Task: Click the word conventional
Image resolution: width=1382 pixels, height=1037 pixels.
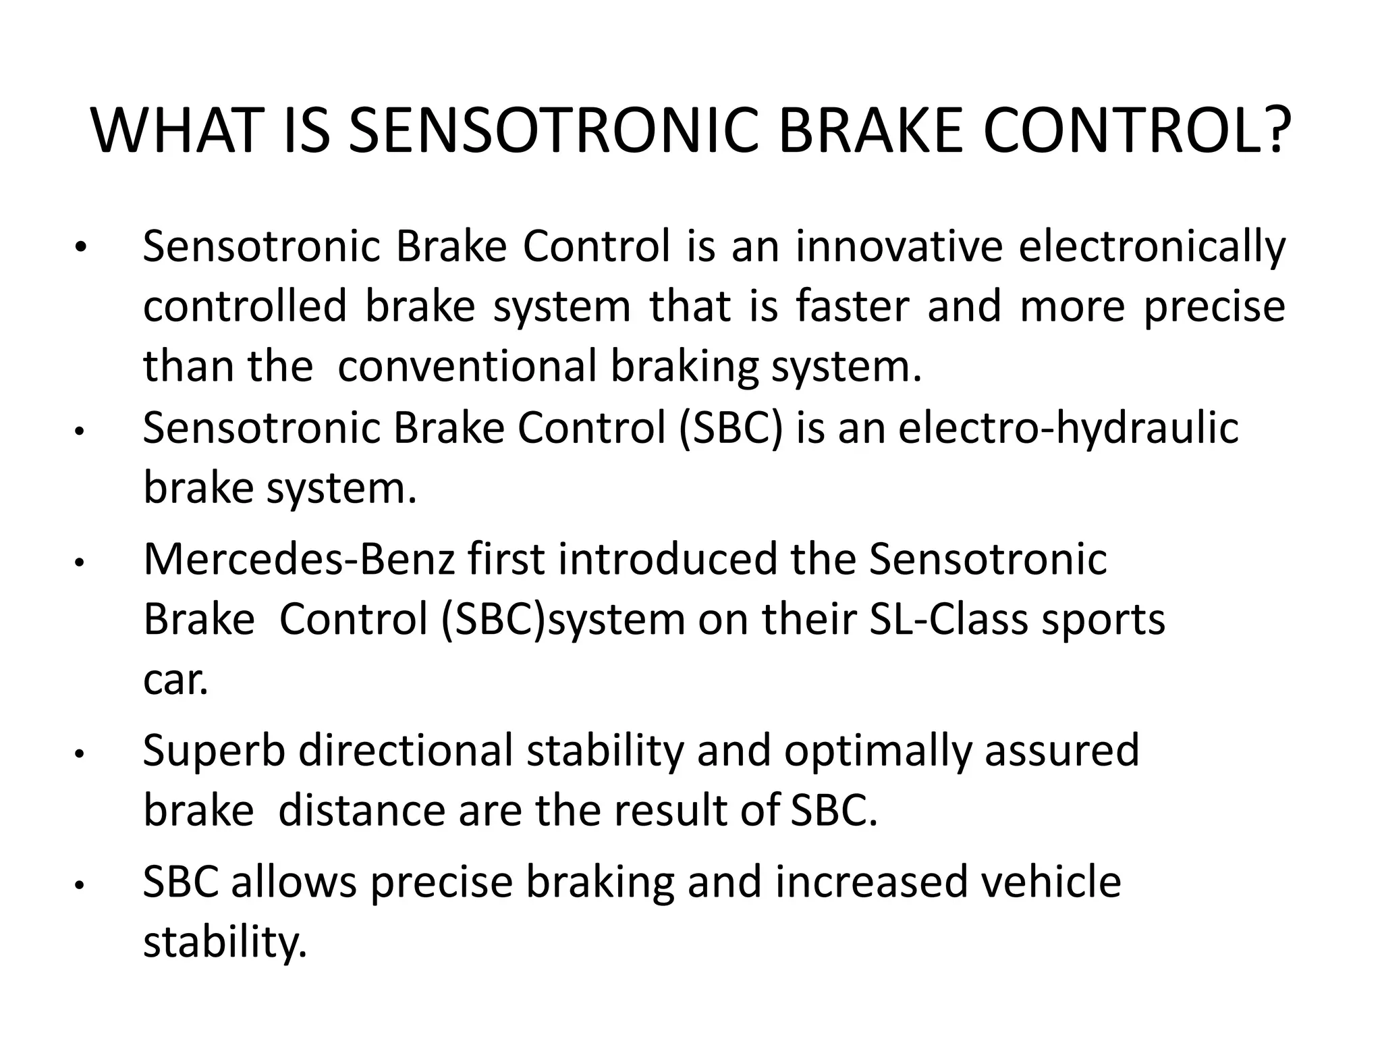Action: point(467,366)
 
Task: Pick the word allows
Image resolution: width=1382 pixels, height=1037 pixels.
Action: point(294,882)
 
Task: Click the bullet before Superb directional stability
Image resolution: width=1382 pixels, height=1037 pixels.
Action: point(79,753)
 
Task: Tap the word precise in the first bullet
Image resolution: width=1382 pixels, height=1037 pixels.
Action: point(1215,308)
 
